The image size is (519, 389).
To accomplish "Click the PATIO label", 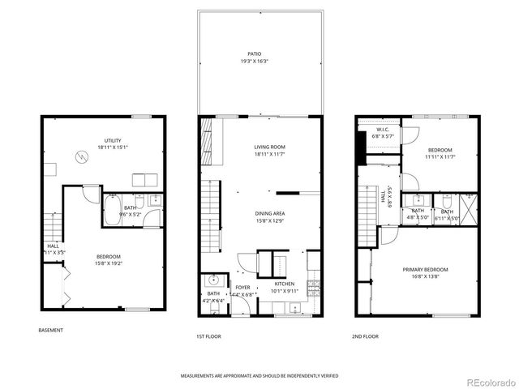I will [259, 53].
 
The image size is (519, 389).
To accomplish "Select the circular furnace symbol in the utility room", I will [82, 156].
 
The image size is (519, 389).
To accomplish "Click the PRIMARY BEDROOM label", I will [425, 269].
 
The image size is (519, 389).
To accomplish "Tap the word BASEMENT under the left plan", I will [50, 330].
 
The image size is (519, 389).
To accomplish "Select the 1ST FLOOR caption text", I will [208, 336].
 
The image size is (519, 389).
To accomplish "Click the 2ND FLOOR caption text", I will [365, 336].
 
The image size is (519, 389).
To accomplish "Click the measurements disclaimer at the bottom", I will [259, 376].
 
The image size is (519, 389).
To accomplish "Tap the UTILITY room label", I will [112, 140].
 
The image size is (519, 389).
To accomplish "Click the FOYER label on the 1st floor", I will [242, 287].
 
